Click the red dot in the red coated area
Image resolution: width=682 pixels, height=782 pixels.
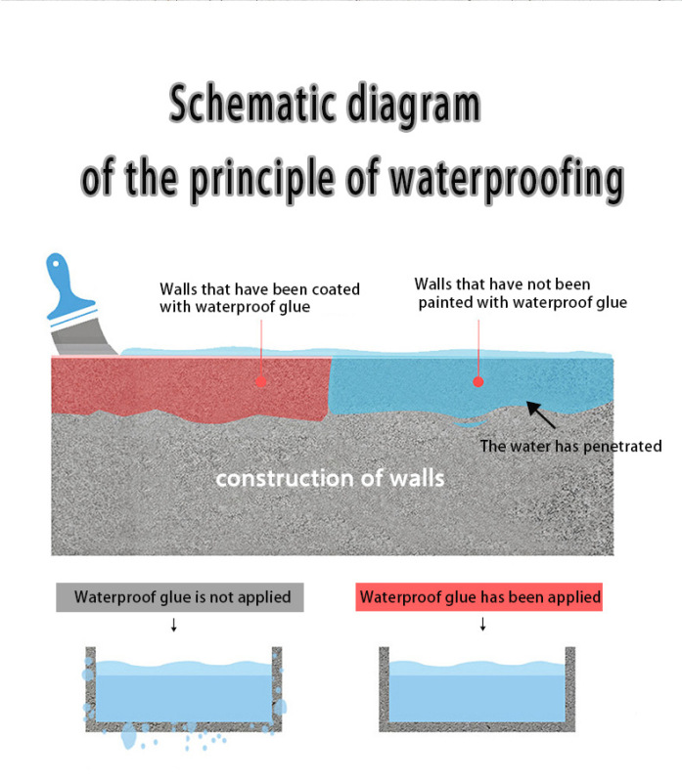click(x=260, y=380)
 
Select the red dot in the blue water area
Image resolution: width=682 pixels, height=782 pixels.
click(x=477, y=380)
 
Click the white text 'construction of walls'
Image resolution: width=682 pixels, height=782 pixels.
click(x=330, y=478)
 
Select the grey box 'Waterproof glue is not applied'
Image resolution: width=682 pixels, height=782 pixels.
click(x=173, y=596)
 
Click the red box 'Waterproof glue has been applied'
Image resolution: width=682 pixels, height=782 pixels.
click(x=480, y=596)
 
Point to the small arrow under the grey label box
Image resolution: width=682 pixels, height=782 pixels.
click(x=173, y=626)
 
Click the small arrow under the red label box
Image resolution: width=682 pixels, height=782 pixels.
click(x=481, y=626)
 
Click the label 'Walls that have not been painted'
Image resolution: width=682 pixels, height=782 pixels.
click(x=520, y=293)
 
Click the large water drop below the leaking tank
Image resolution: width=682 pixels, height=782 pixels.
click(x=129, y=739)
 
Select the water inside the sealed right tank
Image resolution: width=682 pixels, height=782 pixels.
click(x=477, y=694)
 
